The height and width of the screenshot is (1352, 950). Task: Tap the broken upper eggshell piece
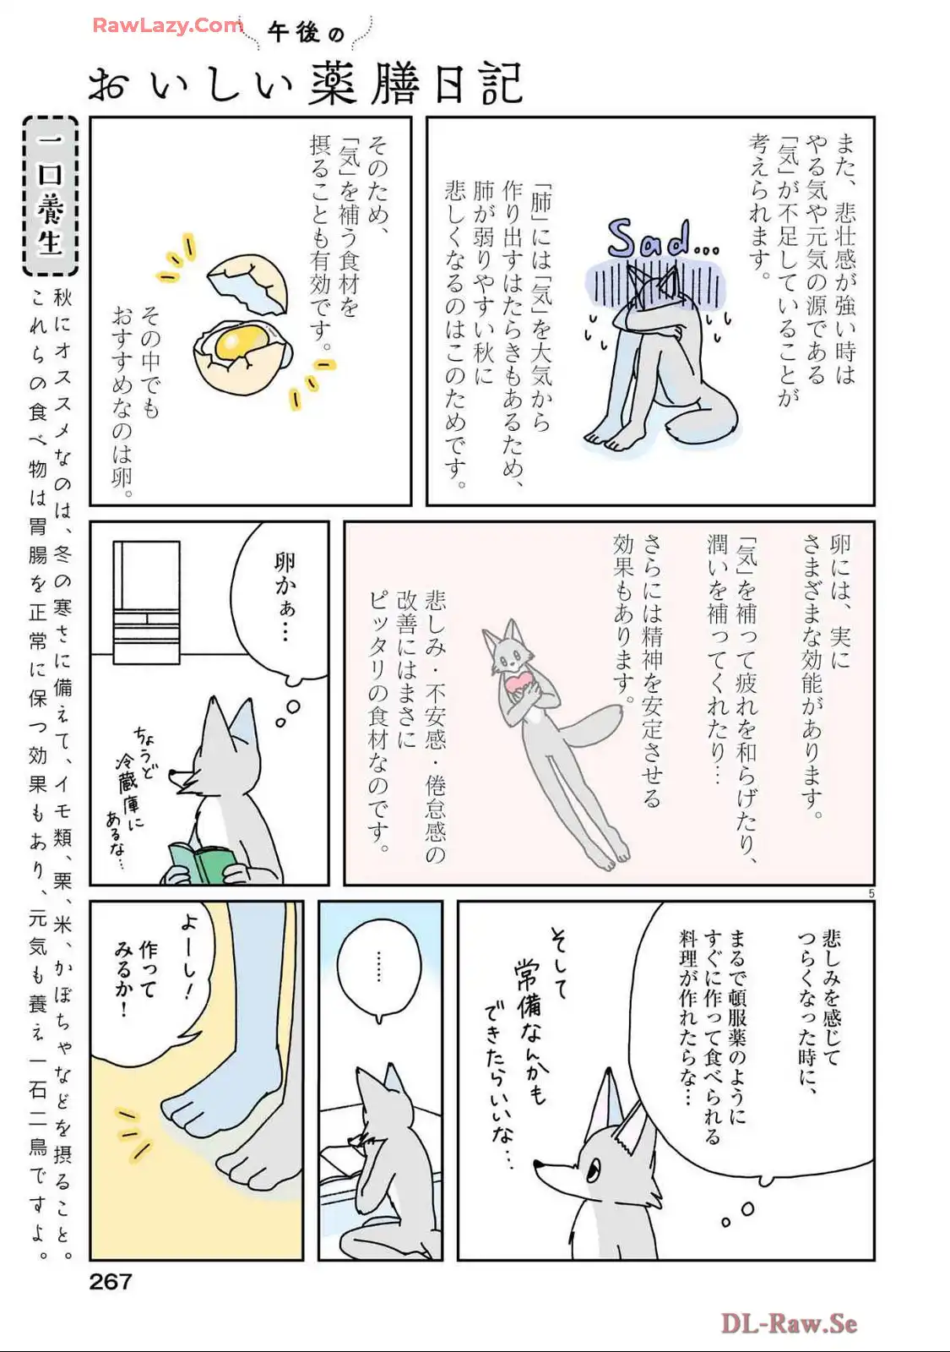(247, 284)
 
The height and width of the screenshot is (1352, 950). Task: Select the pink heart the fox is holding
(518, 683)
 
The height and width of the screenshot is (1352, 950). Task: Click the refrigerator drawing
(147, 602)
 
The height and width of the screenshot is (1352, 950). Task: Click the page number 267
(111, 1281)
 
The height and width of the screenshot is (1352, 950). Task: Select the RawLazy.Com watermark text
(168, 25)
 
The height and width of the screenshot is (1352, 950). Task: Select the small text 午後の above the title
(306, 32)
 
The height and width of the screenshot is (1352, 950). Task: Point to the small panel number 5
(871, 893)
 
